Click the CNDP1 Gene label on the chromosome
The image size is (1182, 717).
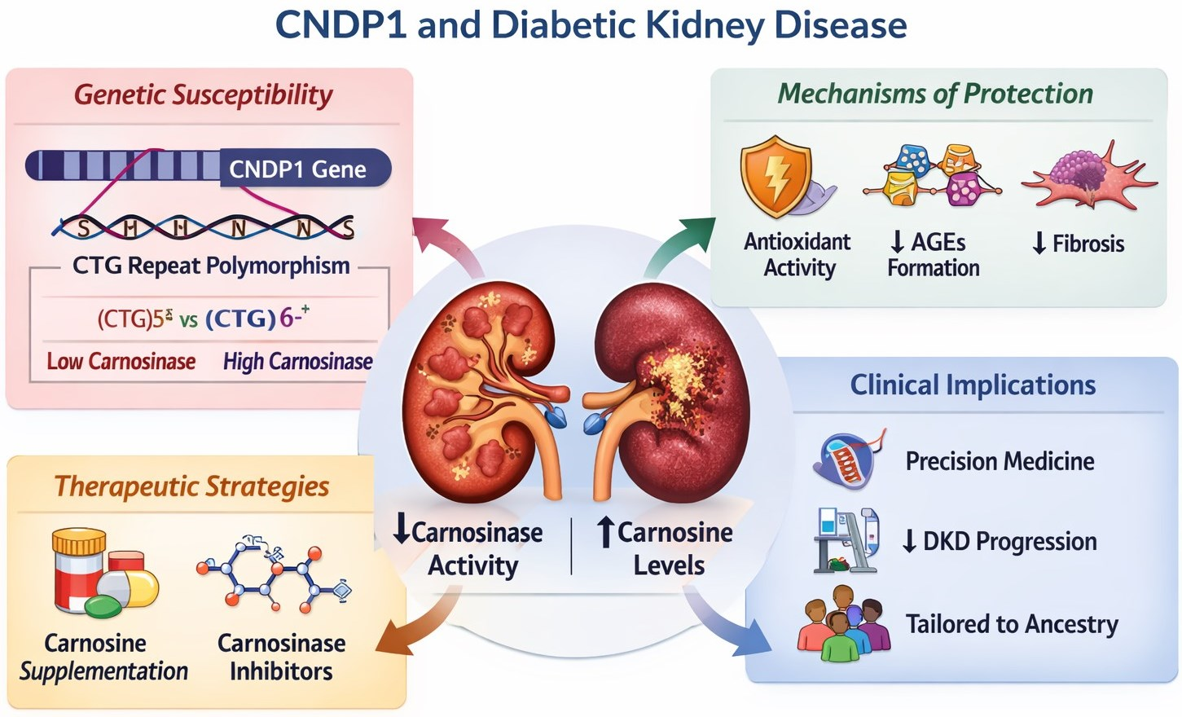(x=297, y=169)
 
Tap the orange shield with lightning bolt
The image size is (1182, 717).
(x=776, y=176)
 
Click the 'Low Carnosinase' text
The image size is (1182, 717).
(x=121, y=362)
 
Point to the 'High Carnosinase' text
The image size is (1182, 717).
(x=297, y=362)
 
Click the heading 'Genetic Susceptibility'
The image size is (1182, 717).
(x=203, y=95)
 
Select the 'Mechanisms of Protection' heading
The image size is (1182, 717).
(x=935, y=94)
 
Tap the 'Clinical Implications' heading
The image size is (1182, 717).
(x=973, y=384)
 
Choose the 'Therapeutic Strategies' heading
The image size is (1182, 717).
(x=192, y=486)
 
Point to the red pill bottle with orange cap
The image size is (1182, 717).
(x=79, y=573)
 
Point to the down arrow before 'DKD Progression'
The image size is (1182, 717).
(x=909, y=541)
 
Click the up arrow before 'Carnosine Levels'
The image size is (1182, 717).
(x=606, y=532)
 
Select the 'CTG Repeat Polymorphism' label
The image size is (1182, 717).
(x=211, y=266)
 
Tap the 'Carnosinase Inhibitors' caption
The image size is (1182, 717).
(x=282, y=658)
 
